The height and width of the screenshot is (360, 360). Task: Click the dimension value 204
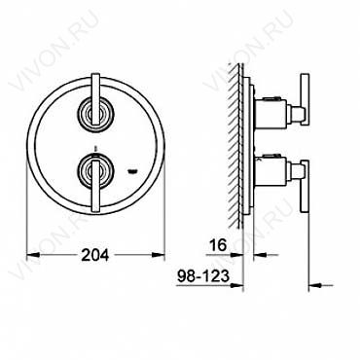[x=95, y=255]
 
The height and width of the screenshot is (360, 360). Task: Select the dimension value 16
[x=217, y=245]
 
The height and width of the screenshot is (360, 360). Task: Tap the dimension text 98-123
[x=203, y=276]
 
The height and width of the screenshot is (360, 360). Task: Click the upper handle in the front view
[x=95, y=99]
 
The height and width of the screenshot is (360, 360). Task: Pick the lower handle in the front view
[x=95, y=186]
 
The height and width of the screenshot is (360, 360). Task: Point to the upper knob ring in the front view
[x=95, y=113]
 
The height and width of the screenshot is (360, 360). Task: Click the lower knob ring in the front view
[x=95, y=170]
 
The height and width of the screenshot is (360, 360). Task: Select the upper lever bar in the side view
[x=305, y=99]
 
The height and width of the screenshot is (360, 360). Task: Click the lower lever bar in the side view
[x=305, y=187]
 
